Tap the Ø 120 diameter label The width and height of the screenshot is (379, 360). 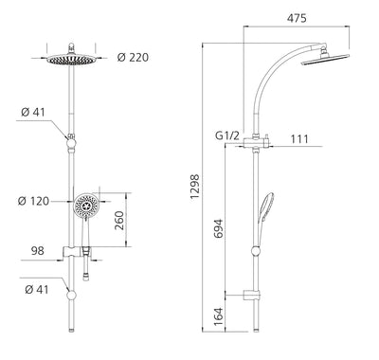(x=33, y=202)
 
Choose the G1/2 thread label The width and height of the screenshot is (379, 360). (x=226, y=135)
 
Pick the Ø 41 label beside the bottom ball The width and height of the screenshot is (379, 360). (x=33, y=289)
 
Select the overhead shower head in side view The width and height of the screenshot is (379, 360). (x=327, y=65)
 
